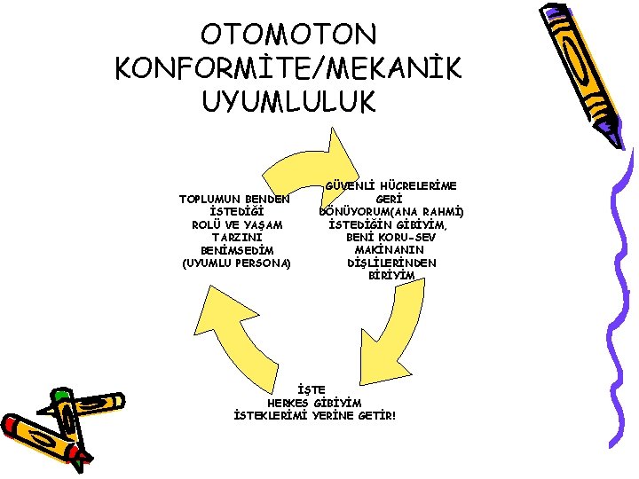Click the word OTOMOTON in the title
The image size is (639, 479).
point(289,35)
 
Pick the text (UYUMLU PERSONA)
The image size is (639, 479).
point(236,263)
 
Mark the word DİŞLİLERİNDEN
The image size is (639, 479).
point(391,263)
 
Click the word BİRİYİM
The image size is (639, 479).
point(391,276)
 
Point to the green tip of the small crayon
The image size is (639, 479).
point(60,394)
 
